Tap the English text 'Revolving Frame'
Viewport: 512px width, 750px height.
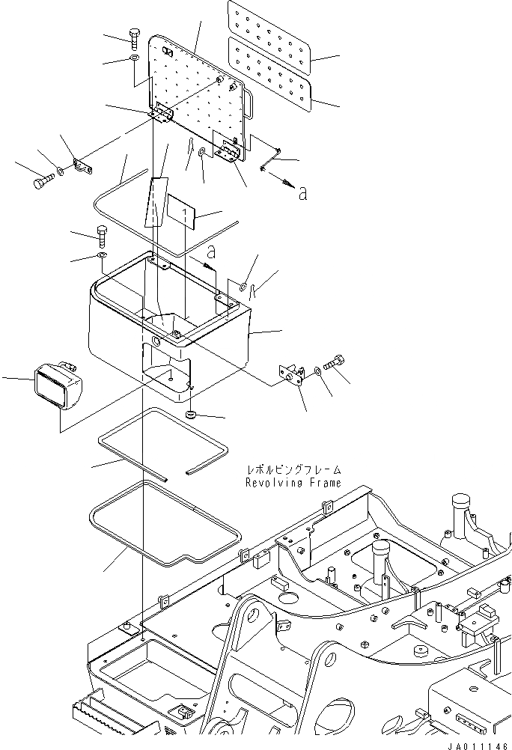click(x=293, y=483)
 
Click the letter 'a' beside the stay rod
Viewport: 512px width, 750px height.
click(x=302, y=194)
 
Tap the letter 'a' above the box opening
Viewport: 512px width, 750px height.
click(x=211, y=251)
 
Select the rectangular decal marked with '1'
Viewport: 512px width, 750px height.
click(x=180, y=214)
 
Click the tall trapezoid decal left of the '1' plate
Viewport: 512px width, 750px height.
click(x=154, y=203)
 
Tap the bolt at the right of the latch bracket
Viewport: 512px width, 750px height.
click(x=335, y=363)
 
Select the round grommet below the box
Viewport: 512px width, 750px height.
click(x=191, y=414)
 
